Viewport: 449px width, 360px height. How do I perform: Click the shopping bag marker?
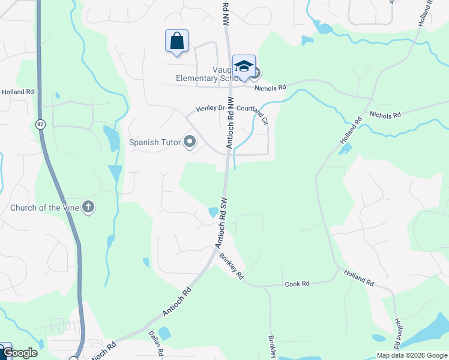tap(176, 41)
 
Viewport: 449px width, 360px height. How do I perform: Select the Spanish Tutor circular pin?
tap(190, 142)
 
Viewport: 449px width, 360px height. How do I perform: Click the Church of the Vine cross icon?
tap(88, 208)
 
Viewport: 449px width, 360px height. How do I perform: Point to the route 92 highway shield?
tap(40, 124)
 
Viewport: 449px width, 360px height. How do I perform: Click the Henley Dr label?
tap(210, 109)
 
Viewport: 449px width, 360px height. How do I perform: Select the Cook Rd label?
tap(297, 283)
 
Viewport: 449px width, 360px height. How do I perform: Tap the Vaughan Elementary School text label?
tap(204, 77)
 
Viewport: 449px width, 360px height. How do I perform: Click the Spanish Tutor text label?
tap(155, 143)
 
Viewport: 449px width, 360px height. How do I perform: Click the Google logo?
tap(19, 353)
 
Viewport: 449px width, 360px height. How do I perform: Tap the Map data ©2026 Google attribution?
tap(411, 355)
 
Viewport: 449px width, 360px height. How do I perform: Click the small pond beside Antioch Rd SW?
tap(213, 212)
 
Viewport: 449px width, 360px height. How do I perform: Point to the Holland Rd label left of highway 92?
tap(18, 92)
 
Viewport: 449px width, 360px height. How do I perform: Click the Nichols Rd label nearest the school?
tap(270, 88)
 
